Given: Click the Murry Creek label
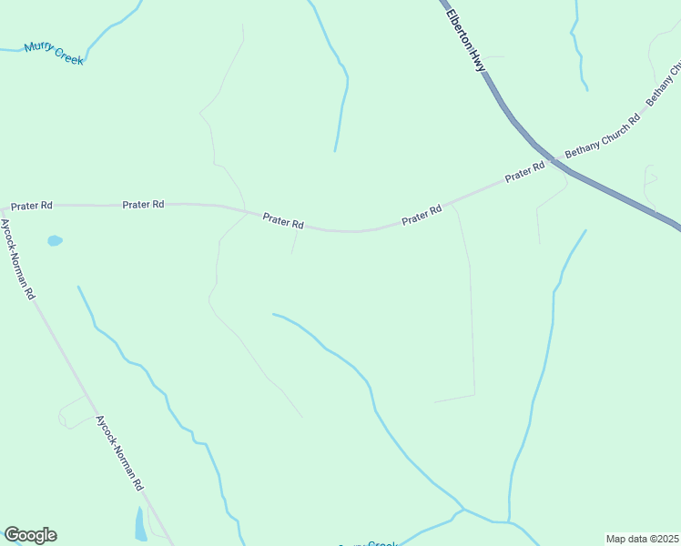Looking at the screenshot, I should tap(54, 54).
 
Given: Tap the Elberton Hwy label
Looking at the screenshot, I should tap(466, 42).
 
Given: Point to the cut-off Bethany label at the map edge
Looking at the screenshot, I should tap(665, 82).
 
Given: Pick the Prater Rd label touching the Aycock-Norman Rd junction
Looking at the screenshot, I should tap(32, 206).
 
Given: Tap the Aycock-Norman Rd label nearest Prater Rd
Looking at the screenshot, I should tap(17, 259).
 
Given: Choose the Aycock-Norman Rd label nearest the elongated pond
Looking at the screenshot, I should tap(119, 453).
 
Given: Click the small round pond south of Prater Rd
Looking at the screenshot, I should tap(55, 241).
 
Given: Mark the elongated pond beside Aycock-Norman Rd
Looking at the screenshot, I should tap(140, 525).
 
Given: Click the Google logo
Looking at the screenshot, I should tap(30, 535).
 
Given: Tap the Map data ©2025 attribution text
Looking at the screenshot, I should tap(642, 539).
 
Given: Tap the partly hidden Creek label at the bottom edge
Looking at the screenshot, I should tap(382, 543).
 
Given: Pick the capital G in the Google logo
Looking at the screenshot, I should tap(13, 535).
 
